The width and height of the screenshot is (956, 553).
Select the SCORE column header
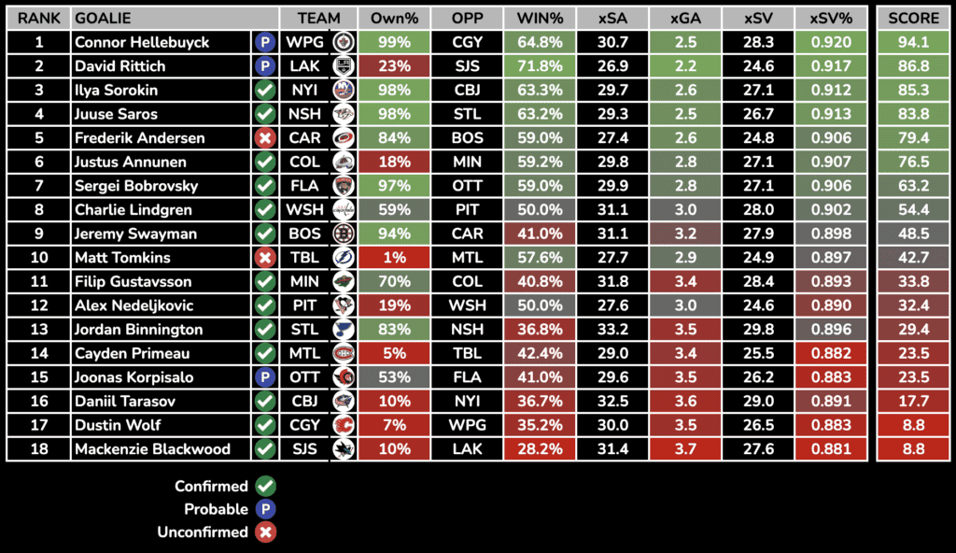point(914,18)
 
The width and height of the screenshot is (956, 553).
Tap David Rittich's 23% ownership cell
point(393,66)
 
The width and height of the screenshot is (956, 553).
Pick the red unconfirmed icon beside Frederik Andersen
point(265,138)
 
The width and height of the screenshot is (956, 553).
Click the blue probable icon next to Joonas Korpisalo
point(265,377)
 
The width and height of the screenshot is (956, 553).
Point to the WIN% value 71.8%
point(540,66)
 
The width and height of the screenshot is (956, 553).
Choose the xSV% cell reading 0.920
point(833,42)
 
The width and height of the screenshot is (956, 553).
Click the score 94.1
point(913,42)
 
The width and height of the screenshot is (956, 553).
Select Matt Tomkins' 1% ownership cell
point(393,258)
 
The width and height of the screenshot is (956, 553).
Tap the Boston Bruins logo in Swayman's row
point(343,234)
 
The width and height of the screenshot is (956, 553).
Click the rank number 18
point(38,449)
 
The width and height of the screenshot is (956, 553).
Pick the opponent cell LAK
point(467,449)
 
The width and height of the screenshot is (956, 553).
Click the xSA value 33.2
point(612,330)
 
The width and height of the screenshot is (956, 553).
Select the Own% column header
point(393,18)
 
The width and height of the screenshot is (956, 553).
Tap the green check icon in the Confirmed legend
point(265,486)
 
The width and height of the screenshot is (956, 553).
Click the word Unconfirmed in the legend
point(212,532)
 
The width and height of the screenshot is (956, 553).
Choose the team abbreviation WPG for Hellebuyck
point(304,42)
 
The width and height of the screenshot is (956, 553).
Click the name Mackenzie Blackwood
point(152,449)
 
